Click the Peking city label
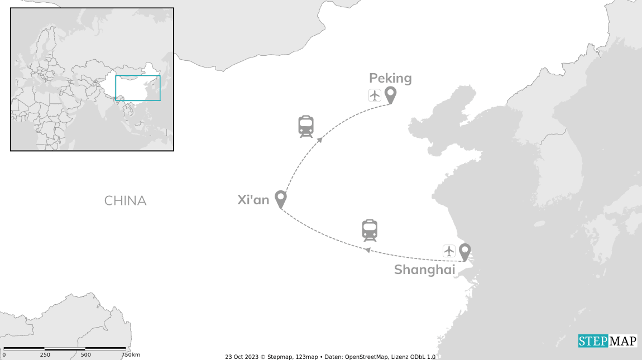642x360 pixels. (390, 78)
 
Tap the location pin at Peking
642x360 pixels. (391, 95)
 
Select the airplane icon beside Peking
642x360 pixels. (375, 95)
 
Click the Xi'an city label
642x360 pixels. (253, 200)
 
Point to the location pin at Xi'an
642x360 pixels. (280, 199)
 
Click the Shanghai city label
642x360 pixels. (425, 270)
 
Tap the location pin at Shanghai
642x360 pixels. (464, 252)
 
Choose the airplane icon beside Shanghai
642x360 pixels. (449, 251)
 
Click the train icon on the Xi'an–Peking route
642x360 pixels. (306, 127)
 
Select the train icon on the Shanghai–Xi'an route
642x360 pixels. (370, 231)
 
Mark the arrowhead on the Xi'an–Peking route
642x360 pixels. (320, 140)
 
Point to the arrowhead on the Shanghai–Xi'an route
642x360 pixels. (368, 250)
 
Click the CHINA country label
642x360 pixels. (125, 201)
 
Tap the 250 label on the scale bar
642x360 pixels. (45, 354)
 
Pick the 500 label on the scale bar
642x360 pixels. (85, 354)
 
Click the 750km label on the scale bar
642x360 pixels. (131, 354)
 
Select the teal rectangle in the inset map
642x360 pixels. (138, 88)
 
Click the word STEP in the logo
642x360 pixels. (593, 341)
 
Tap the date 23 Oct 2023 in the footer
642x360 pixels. (242, 357)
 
